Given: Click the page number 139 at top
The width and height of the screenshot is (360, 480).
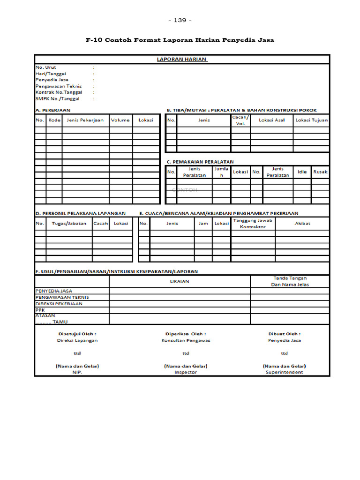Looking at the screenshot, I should coord(180,20).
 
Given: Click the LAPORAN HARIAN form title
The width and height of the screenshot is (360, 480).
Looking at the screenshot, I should coord(182,60).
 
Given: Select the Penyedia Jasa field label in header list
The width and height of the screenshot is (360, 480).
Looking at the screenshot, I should coord(52,80).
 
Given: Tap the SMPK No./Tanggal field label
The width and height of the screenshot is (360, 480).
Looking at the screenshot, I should coord(58,99).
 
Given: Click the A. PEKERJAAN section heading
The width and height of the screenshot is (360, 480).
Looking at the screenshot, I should coord(53,110).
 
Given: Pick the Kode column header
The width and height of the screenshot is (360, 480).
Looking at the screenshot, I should coord(54,120).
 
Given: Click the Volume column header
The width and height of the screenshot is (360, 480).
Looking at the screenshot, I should coord(120,120).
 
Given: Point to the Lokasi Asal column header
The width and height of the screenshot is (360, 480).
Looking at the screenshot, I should coord(271,120).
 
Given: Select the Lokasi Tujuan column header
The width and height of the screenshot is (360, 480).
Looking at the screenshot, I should coord(311,120).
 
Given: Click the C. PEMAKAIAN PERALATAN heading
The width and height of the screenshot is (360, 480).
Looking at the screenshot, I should coord(200,162).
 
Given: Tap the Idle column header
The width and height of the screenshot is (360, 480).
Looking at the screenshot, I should coord(302,172).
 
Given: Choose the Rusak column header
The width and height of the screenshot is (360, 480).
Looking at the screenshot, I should coord(320,172).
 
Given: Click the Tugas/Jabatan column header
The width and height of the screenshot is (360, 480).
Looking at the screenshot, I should coord(69,223).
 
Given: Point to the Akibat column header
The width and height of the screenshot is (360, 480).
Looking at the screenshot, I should coord(302,223).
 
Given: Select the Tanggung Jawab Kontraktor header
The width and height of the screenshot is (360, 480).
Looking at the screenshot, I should coord(253,223).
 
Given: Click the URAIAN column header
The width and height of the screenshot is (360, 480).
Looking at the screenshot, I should coord(180,281).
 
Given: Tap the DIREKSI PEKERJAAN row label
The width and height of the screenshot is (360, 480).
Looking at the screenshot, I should coord(59,304).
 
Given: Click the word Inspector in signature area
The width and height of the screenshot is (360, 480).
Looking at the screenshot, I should coord(186,372).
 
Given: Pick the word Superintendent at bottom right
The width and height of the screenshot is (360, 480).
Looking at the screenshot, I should coord(285,372).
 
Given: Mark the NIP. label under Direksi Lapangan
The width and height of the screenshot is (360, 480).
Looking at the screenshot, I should coord(77,372).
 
